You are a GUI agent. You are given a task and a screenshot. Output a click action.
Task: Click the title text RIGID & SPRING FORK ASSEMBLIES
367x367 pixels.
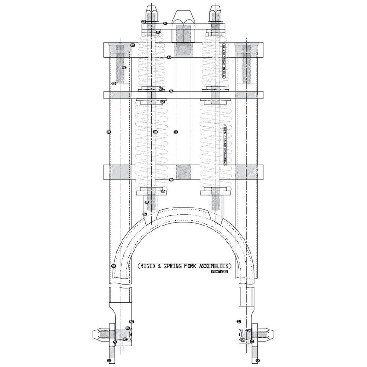[184, 266]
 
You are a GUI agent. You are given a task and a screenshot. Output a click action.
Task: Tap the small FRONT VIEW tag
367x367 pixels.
[220, 272]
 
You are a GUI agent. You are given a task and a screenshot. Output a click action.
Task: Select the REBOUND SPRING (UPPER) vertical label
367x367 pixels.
[224, 62]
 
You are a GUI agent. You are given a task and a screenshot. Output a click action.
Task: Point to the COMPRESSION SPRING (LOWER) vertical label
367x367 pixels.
[225, 145]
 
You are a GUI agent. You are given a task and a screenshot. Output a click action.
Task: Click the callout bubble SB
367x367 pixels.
[158, 32]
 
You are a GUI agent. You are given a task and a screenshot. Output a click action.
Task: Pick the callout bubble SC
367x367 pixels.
[165, 22]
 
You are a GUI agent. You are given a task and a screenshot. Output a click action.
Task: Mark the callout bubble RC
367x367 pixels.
[133, 45]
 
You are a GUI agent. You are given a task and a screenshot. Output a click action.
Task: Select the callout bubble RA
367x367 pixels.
[169, 57]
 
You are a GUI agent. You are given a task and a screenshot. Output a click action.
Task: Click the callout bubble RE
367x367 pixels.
[123, 67]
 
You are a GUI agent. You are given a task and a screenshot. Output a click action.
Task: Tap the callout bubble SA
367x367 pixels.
[171, 92]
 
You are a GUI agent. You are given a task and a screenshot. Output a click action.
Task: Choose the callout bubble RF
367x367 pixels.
[109, 132]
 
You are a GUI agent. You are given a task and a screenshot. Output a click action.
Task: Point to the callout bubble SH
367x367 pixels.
[155, 132]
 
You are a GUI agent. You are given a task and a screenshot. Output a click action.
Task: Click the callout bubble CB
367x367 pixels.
[176, 132]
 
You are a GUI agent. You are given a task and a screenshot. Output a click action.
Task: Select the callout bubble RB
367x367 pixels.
[171, 180]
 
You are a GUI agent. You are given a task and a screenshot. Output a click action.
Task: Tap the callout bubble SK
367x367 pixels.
[113, 266]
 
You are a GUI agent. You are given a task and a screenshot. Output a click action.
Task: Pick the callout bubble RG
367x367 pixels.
[132, 321]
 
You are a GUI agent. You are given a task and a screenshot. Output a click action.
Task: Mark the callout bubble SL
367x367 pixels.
[239, 321]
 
